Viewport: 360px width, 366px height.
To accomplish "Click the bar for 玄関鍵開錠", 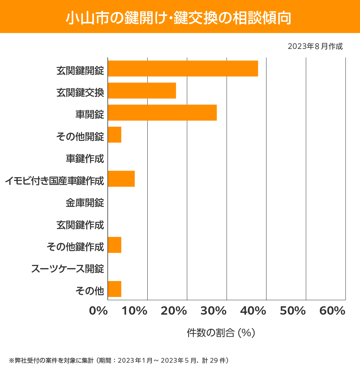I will pyautogui.click(x=183, y=68).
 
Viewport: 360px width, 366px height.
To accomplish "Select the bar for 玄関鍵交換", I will pyautogui.click(x=142, y=91).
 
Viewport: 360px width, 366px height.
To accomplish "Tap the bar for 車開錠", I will pyautogui.click(x=162, y=113).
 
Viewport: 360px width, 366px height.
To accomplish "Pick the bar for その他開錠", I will pyautogui.click(x=114, y=135).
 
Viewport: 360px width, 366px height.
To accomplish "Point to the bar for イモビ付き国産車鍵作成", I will pyautogui.click(x=121, y=179).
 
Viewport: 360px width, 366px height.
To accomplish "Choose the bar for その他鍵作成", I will pyautogui.click(x=114, y=245).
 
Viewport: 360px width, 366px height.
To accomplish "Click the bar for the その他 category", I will pyautogui.click(x=114, y=289).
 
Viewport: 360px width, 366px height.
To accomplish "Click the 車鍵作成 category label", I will pyautogui.click(x=85, y=159).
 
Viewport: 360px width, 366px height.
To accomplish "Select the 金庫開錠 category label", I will pyautogui.click(x=85, y=203).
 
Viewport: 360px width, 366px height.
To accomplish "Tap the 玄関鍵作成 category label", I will pyautogui.click(x=80, y=225).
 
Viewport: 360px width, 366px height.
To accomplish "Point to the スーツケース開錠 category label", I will pyautogui.click(x=67, y=269).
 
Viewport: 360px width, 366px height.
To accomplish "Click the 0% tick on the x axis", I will pyautogui.click(x=98, y=311).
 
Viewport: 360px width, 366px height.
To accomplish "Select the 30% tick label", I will pyautogui.click(x=213, y=311).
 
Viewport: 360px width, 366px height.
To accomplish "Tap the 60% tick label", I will pyautogui.click(x=332, y=311).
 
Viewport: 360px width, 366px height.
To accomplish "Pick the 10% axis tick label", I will pyautogui.click(x=134, y=311).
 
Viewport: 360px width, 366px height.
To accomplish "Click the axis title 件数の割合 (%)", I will pyautogui.click(x=221, y=333).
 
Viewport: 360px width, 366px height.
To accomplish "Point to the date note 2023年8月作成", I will pyautogui.click(x=315, y=47).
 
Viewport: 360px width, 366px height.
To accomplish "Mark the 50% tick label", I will pyautogui.click(x=292, y=311).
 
